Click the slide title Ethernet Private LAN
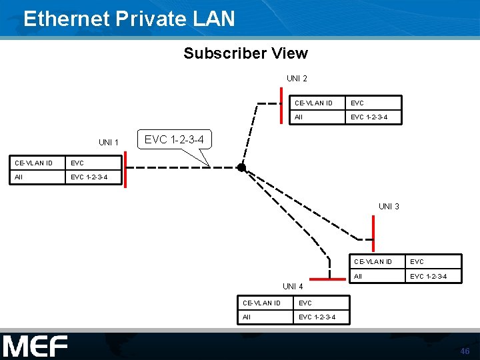pyautogui.click(x=129, y=18)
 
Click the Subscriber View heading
pyautogui.click(x=245, y=53)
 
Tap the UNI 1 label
pyautogui.click(x=108, y=143)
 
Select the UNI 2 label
pyautogui.click(x=297, y=79)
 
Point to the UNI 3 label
pyautogui.click(x=389, y=207)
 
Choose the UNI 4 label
pyautogui.click(x=293, y=287)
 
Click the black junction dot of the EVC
pyautogui.click(x=241, y=168)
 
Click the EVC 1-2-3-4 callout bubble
pyautogui.click(x=174, y=140)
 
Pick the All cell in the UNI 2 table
pyautogui.click(x=299, y=117)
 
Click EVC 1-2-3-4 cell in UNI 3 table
pyautogui.click(x=428, y=276)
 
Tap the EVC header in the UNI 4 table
pyautogui.click(x=305, y=303)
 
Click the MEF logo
pyautogui.click(x=35, y=346)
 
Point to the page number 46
pyautogui.click(x=465, y=351)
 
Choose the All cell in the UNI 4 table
pyautogui.click(x=247, y=317)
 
